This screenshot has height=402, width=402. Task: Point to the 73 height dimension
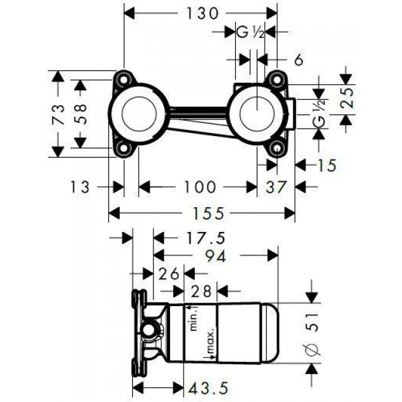pyautogui.click(x=58, y=115)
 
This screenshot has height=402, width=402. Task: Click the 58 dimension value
pyautogui.click(x=80, y=114)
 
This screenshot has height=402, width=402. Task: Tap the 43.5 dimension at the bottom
pyautogui.click(x=208, y=388)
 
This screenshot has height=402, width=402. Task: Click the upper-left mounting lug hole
pyautogui.click(x=126, y=80)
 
